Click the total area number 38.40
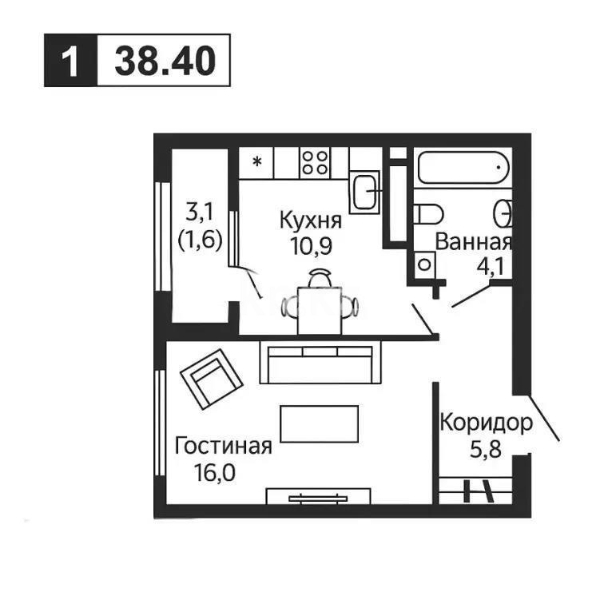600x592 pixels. (165, 61)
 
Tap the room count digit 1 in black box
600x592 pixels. (71, 61)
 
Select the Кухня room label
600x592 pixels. (311, 219)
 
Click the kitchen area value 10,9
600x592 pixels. (311, 244)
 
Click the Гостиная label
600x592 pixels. (224, 445)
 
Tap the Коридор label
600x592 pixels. (484, 423)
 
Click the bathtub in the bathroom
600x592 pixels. (463, 169)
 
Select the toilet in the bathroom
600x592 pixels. (429, 215)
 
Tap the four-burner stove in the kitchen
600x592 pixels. (315, 163)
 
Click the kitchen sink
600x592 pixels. (365, 191)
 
